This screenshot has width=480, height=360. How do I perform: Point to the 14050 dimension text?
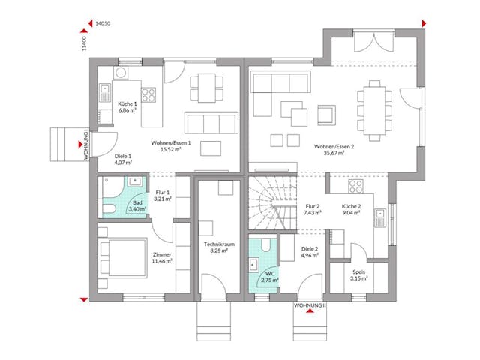point(103,24)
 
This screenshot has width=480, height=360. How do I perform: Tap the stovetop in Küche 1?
point(148,95)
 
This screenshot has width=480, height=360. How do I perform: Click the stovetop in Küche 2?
point(354,187)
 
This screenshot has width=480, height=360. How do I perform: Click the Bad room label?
point(136,202)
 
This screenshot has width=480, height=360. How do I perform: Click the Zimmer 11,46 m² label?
point(161,259)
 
